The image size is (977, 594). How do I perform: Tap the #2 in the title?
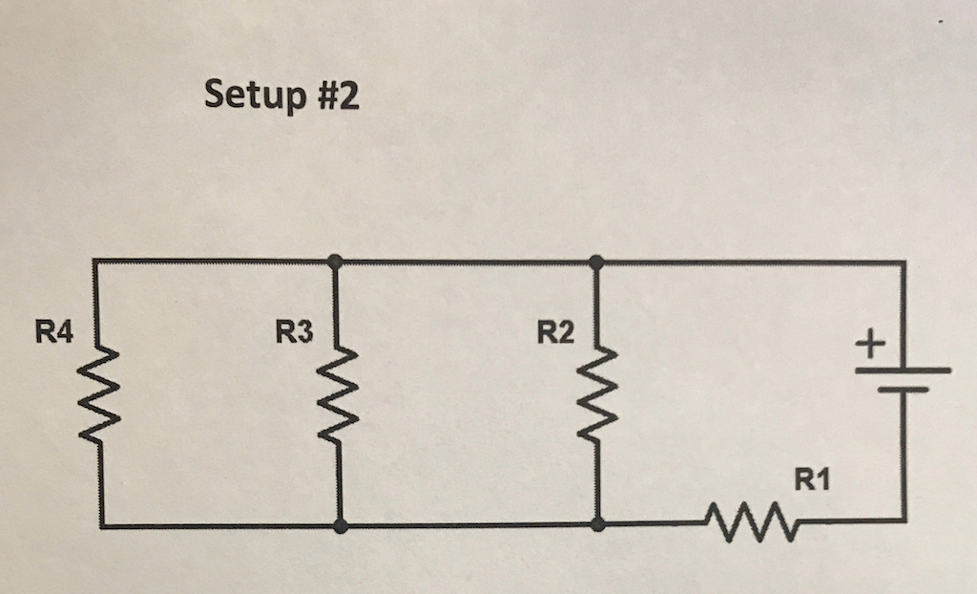[x=336, y=95]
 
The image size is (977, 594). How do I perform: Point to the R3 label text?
[x=293, y=333]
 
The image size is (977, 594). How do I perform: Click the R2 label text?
[x=555, y=333]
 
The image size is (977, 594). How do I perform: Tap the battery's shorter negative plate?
[x=903, y=391]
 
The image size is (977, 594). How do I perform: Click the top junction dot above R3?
[x=335, y=260]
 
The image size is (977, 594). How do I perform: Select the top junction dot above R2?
[x=596, y=261]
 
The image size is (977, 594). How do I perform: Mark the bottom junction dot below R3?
[x=341, y=526]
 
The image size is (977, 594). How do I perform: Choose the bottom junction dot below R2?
[x=597, y=524]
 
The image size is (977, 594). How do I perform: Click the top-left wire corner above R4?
[x=97, y=260]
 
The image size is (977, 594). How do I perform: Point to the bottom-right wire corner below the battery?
[x=904, y=520]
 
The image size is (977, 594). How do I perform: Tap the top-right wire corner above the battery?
[x=904, y=262]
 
